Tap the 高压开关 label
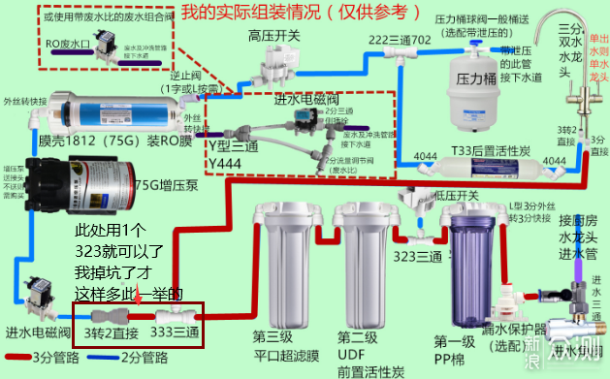[273, 37]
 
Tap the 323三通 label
[417, 258]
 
